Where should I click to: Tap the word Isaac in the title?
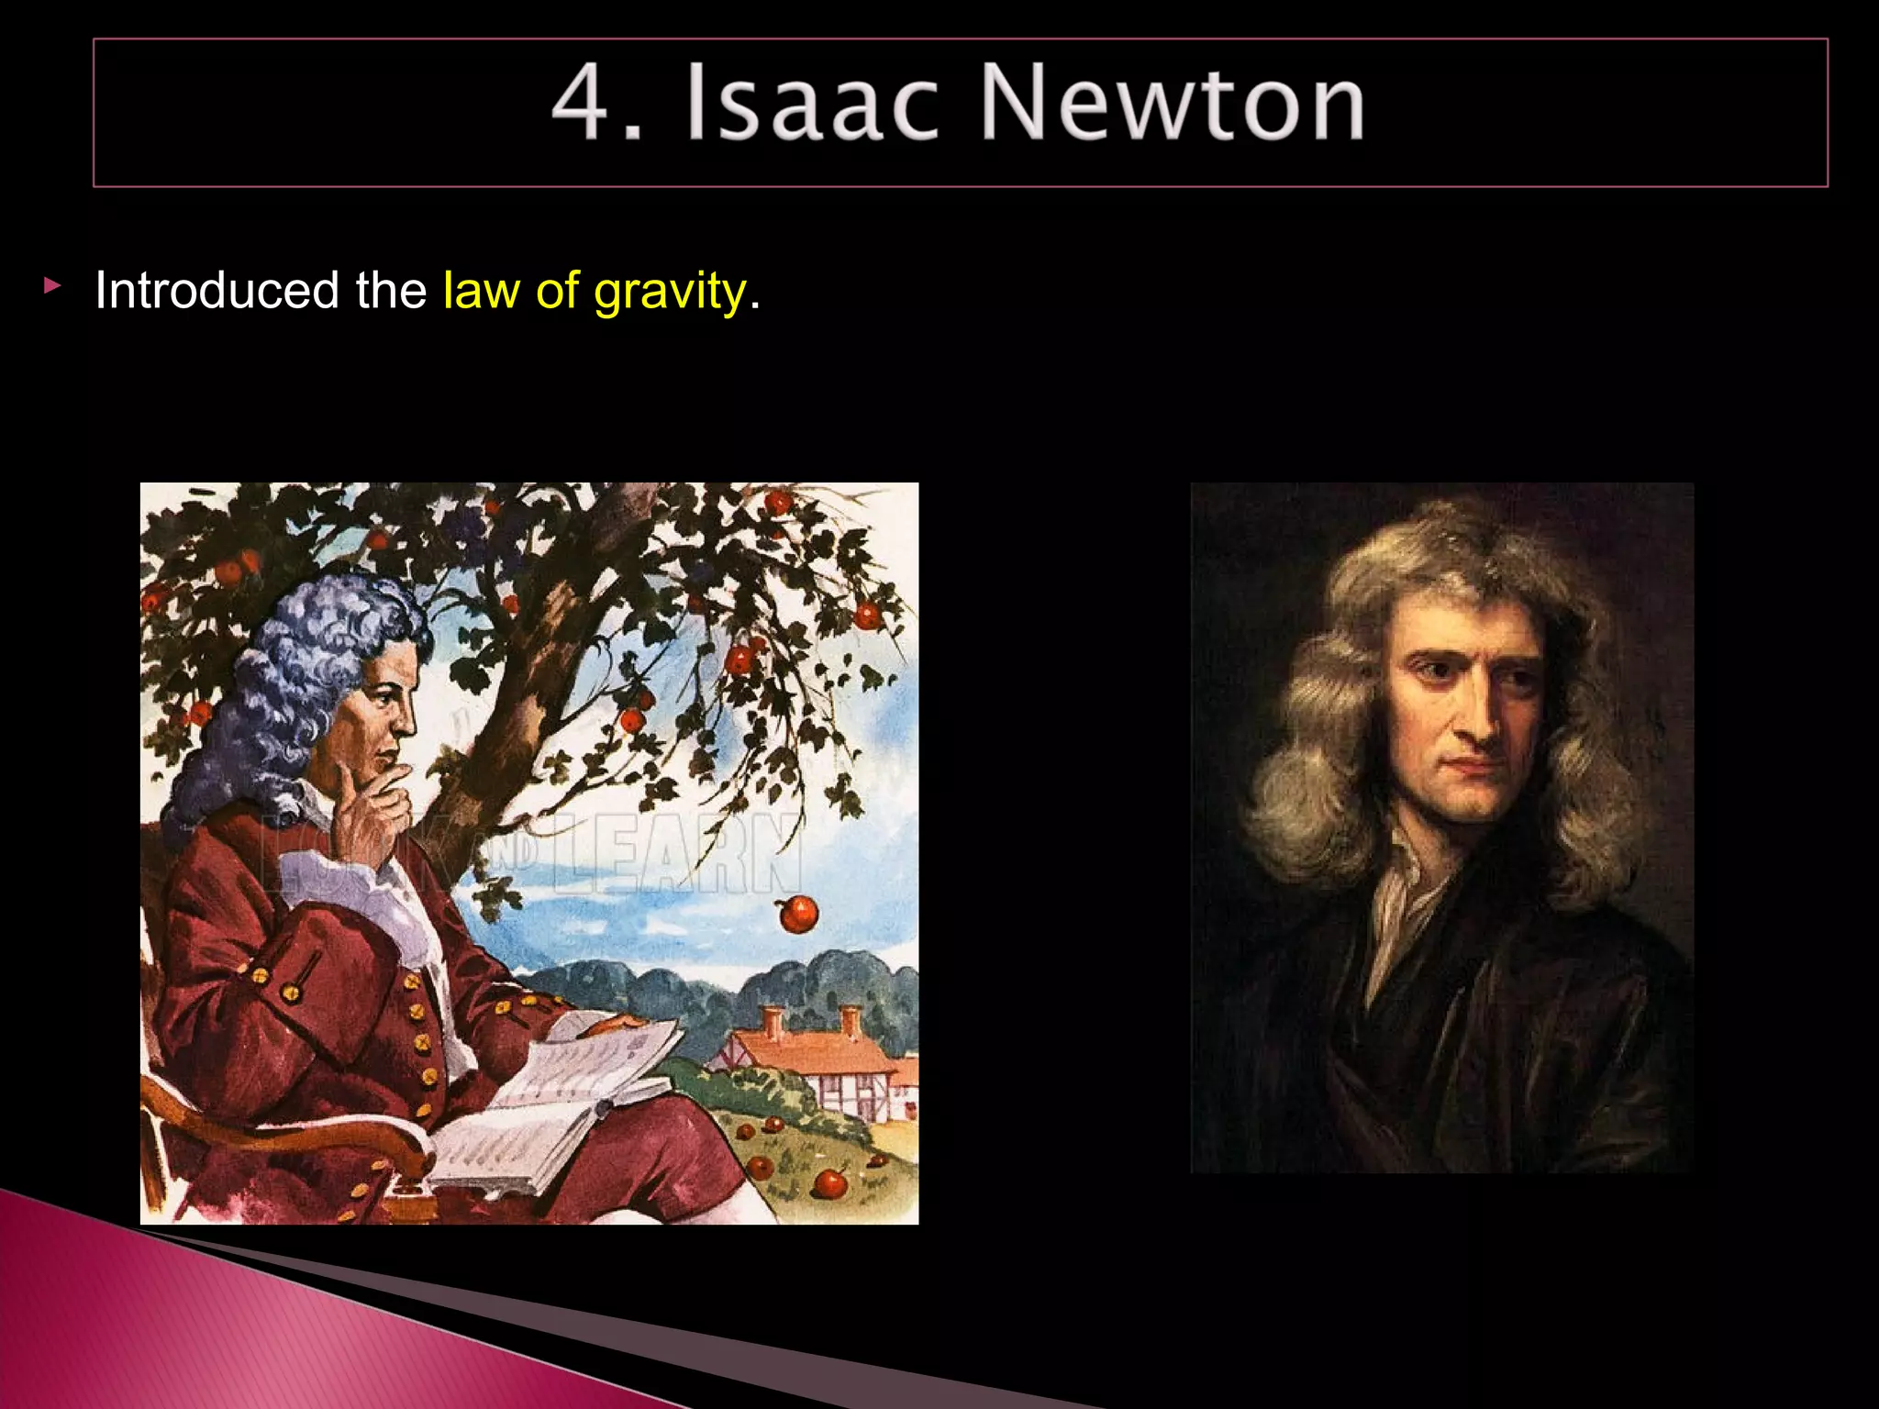(811, 103)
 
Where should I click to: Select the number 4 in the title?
(582, 103)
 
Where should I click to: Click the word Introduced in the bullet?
(217, 291)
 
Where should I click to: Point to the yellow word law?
(481, 291)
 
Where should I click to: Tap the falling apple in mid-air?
(797, 913)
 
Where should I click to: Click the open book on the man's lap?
(560, 1101)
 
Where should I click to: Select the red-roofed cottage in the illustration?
(817, 1055)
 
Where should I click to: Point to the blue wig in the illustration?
(294, 679)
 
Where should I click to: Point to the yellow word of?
(557, 291)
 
